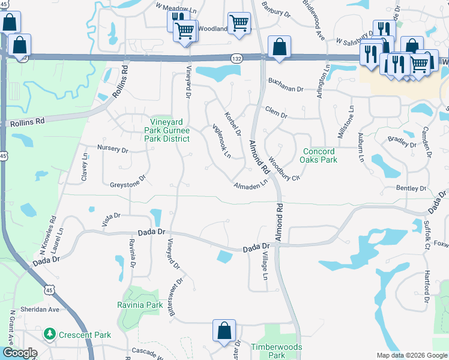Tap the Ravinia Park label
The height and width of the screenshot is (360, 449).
(140, 305)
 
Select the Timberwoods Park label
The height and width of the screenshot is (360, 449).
(277, 351)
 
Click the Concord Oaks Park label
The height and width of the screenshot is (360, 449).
(320, 155)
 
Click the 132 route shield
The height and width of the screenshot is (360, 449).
(237, 58)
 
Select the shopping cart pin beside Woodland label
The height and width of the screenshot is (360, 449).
(239, 24)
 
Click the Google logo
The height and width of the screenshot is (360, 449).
(19, 353)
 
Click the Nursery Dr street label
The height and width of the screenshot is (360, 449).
(112, 149)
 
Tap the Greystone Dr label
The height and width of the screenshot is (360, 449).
(128, 181)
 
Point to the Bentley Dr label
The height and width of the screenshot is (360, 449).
(411, 188)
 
